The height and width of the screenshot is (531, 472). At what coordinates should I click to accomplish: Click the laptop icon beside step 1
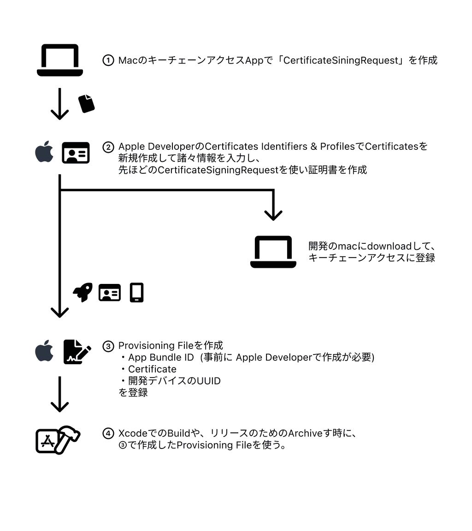[60, 60]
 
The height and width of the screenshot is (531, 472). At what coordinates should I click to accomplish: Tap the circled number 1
[108, 60]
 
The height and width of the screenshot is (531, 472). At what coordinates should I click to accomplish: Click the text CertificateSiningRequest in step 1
[341, 60]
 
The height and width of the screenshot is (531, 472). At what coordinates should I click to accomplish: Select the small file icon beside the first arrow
[86, 104]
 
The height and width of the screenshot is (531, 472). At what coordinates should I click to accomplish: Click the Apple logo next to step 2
[44, 153]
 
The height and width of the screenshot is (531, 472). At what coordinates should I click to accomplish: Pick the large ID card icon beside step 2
[76, 153]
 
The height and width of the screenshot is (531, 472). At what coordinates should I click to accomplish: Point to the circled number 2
[108, 147]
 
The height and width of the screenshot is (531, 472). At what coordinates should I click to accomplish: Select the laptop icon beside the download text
[273, 252]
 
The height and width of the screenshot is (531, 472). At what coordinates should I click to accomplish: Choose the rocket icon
[83, 292]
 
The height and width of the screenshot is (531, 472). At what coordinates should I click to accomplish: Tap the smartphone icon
[137, 293]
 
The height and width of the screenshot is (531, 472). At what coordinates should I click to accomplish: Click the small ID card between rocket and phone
[110, 293]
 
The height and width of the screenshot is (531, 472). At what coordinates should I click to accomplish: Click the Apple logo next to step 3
[44, 352]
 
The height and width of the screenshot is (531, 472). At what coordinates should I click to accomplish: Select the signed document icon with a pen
[77, 352]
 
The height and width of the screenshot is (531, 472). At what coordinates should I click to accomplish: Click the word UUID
[208, 381]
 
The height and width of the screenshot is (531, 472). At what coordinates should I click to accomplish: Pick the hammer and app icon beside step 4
[58, 440]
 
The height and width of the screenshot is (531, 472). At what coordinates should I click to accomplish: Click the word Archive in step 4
[305, 433]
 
